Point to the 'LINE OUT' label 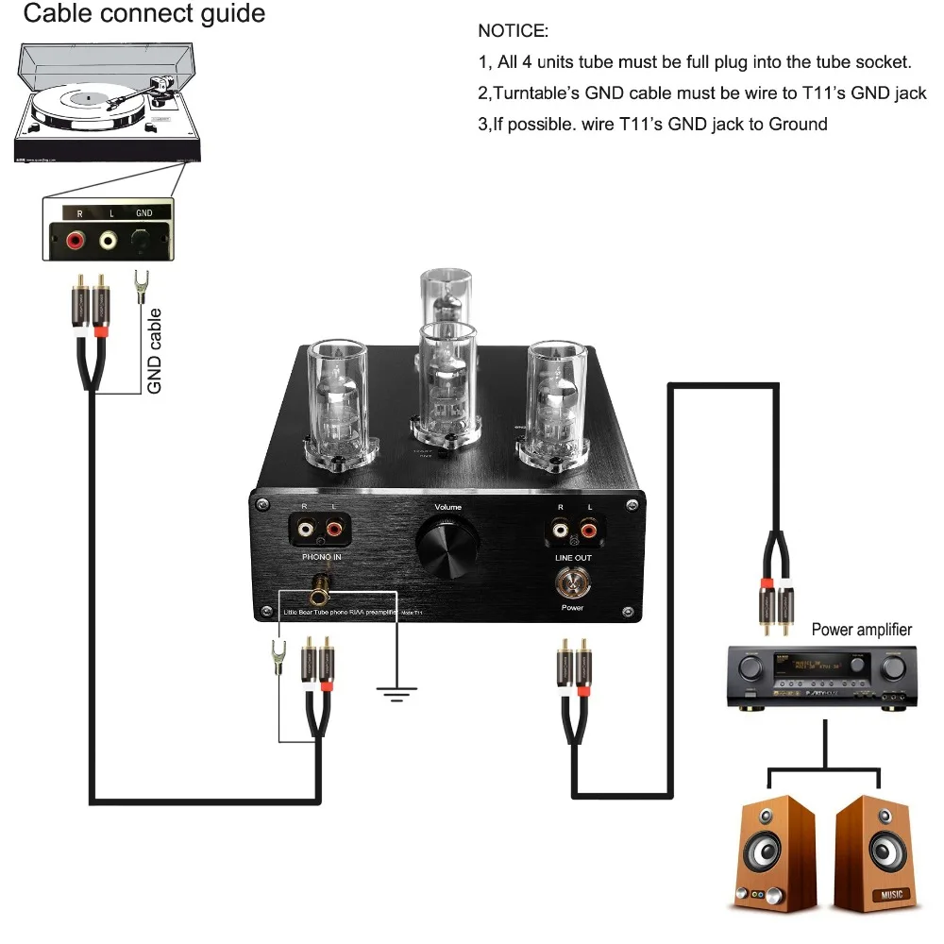click(x=572, y=558)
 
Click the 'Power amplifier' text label click(x=862, y=630)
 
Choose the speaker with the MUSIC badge click(x=875, y=854)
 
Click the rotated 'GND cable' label click(x=156, y=350)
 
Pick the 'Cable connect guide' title click(x=143, y=14)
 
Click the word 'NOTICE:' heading click(x=513, y=31)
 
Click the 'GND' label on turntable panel click(x=143, y=213)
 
